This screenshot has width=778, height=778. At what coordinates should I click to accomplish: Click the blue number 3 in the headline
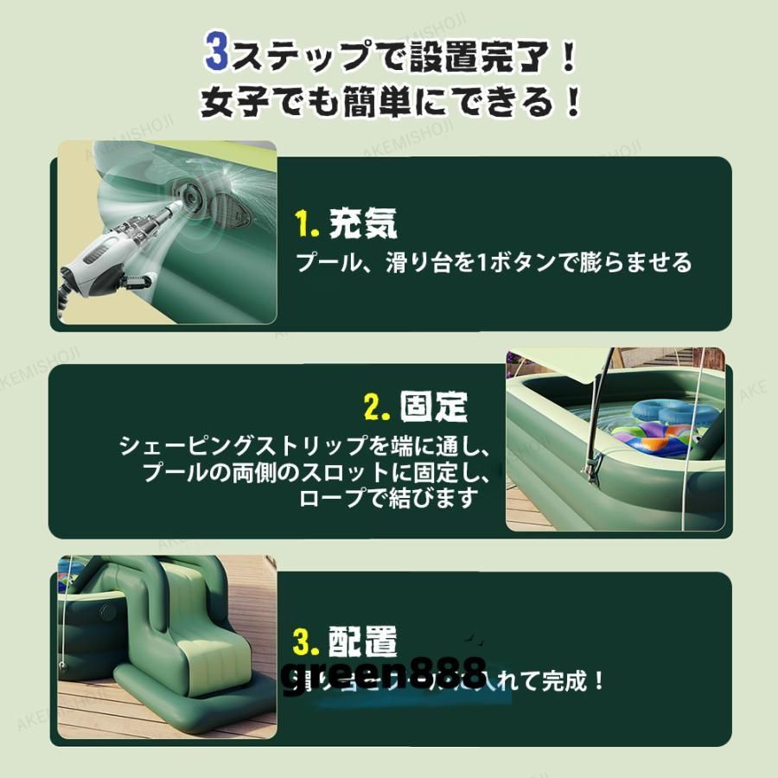point(216,54)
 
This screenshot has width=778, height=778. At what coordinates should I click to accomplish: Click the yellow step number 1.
point(307,225)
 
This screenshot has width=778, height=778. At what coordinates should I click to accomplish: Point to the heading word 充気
point(363,224)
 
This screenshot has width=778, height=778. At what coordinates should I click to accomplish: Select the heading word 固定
point(434,405)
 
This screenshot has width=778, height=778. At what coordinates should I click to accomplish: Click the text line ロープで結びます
point(388,499)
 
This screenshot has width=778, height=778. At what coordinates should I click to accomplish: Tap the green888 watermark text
point(384,673)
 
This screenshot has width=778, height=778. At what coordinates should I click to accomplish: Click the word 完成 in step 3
point(566,680)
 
